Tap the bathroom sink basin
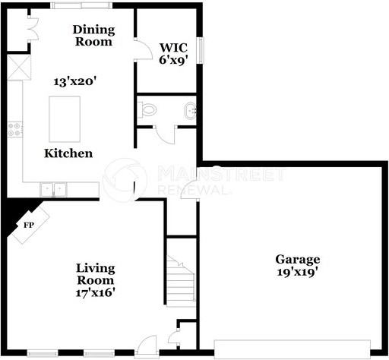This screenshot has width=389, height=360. [x=191, y=111]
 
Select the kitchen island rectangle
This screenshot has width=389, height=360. [x=65, y=119]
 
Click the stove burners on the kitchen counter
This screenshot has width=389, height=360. [x=14, y=129]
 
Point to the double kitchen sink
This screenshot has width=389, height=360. [x=53, y=189]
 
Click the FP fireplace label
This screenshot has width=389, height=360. [x=29, y=225]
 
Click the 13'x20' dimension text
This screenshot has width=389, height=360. [x=75, y=82]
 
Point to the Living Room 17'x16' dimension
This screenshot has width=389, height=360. [x=96, y=293]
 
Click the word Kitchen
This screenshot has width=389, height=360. [x=68, y=153]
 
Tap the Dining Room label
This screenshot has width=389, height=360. [x=93, y=36]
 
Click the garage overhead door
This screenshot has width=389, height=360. [x=293, y=349]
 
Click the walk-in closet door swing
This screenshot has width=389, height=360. [x=143, y=49]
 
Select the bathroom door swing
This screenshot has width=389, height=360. [x=165, y=134]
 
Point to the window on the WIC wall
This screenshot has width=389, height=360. [x=201, y=51]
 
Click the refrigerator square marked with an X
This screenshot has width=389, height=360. [x=19, y=68]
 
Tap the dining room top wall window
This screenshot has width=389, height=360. [x=81, y=5]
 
